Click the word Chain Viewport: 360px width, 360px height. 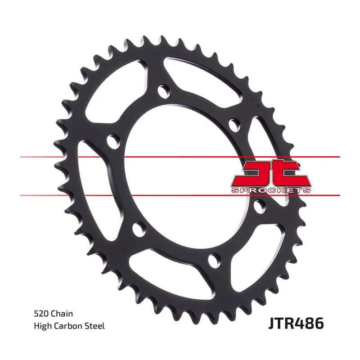[62, 314]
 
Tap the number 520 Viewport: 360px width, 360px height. [41, 314]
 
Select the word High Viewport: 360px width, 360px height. [42, 326]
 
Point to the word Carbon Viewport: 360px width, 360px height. [67, 326]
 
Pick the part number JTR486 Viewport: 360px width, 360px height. [296, 323]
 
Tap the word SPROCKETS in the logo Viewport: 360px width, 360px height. [271, 190]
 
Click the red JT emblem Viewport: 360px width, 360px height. [271, 174]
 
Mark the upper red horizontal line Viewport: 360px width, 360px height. [180, 157]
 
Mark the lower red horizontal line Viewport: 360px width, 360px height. [180, 195]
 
